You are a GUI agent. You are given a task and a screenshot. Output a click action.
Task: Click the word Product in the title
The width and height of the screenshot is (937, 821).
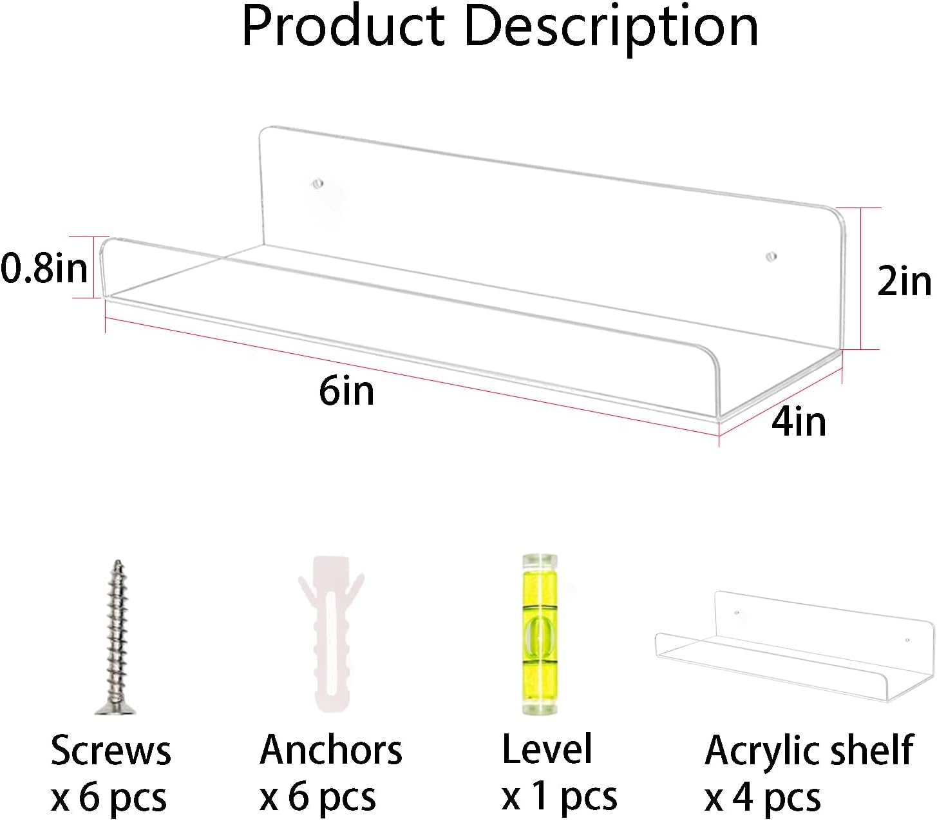[x=343, y=28]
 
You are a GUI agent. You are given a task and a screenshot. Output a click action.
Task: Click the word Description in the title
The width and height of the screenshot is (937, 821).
[x=611, y=30]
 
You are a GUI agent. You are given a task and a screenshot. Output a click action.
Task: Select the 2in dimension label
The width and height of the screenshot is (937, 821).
[x=905, y=282]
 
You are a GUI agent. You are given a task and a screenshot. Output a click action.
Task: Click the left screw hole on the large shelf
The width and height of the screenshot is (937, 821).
[x=317, y=184]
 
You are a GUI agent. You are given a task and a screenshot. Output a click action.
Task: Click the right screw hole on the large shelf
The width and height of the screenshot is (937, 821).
[x=771, y=256]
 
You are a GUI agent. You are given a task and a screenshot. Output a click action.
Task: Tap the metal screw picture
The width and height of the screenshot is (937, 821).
[x=115, y=637]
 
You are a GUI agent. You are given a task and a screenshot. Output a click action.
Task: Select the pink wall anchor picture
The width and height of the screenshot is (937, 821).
[x=331, y=634]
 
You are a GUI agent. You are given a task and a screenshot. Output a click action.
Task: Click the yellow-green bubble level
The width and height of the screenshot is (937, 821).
[x=540, y=635]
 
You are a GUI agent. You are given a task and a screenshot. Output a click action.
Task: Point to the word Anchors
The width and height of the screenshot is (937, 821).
[x=330, y=750]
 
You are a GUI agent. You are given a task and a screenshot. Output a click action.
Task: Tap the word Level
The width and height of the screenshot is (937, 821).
[x=547, y=749]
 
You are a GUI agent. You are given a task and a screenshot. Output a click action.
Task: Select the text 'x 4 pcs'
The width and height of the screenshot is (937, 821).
[x=762, y=798]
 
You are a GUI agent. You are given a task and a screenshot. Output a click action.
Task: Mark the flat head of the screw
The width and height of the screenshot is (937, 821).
[x=115, y=710]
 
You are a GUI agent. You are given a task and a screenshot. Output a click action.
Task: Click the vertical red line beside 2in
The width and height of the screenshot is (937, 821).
[x=862, y=278]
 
